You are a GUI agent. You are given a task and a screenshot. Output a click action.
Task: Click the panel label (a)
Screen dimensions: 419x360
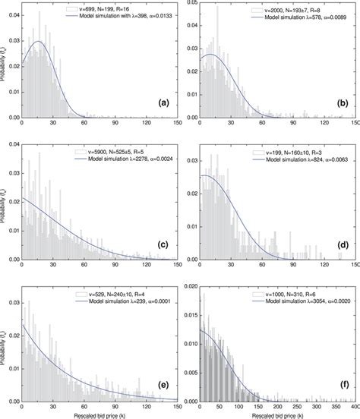pyautogui.click(x=160, y=102)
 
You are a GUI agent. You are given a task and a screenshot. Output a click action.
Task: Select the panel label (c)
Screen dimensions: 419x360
pyautogui.click(x=160, y=244)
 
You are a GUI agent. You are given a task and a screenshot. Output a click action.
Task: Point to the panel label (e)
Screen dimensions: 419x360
pyautogui.click(x=160, y=385)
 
